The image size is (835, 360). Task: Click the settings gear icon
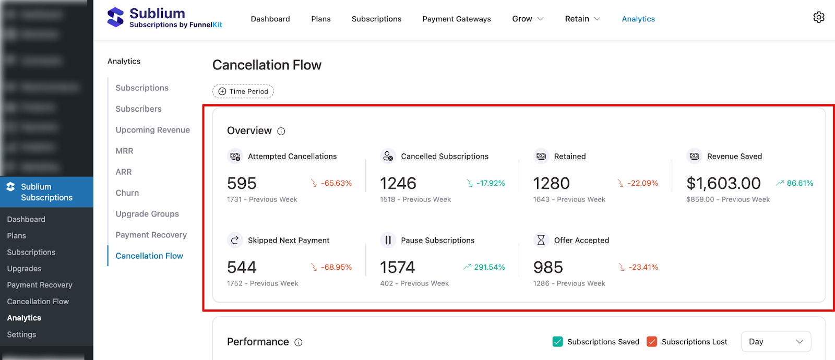(819, 17)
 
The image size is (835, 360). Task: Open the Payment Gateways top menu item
(457, 19)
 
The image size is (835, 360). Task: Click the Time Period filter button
(243, 91)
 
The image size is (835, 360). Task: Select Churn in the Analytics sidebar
(127, 193)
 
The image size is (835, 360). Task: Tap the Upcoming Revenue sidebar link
(152, 130)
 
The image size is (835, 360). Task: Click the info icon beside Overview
(281, 131)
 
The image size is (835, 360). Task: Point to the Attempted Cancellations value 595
(242, 184)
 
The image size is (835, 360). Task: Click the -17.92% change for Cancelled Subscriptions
(491, 183)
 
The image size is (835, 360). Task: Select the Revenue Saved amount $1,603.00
(723, 184)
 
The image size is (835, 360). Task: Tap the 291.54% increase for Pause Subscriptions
(489, 267)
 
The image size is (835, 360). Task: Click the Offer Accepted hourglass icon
(541, 240)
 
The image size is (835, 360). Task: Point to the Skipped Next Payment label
(289, 241)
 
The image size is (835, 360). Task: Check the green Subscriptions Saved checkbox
(557, 342)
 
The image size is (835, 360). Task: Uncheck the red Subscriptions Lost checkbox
(652, 342)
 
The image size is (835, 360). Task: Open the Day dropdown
(776, 342)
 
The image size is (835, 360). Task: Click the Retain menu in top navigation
(582, 19)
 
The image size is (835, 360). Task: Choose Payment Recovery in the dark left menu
(40, 285)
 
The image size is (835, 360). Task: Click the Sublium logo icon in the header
(115, 17)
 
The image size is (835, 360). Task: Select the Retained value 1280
(551, 184)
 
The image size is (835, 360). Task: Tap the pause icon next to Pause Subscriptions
(388, 240)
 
